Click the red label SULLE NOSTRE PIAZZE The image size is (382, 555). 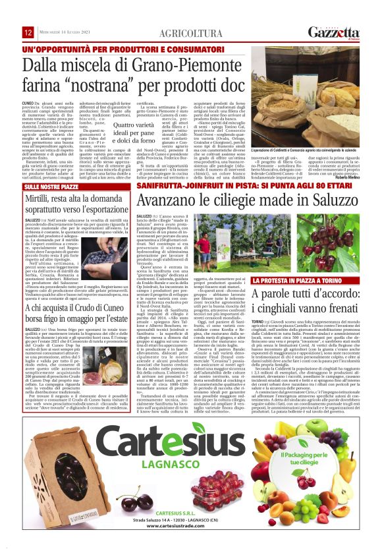coord(51,187)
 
